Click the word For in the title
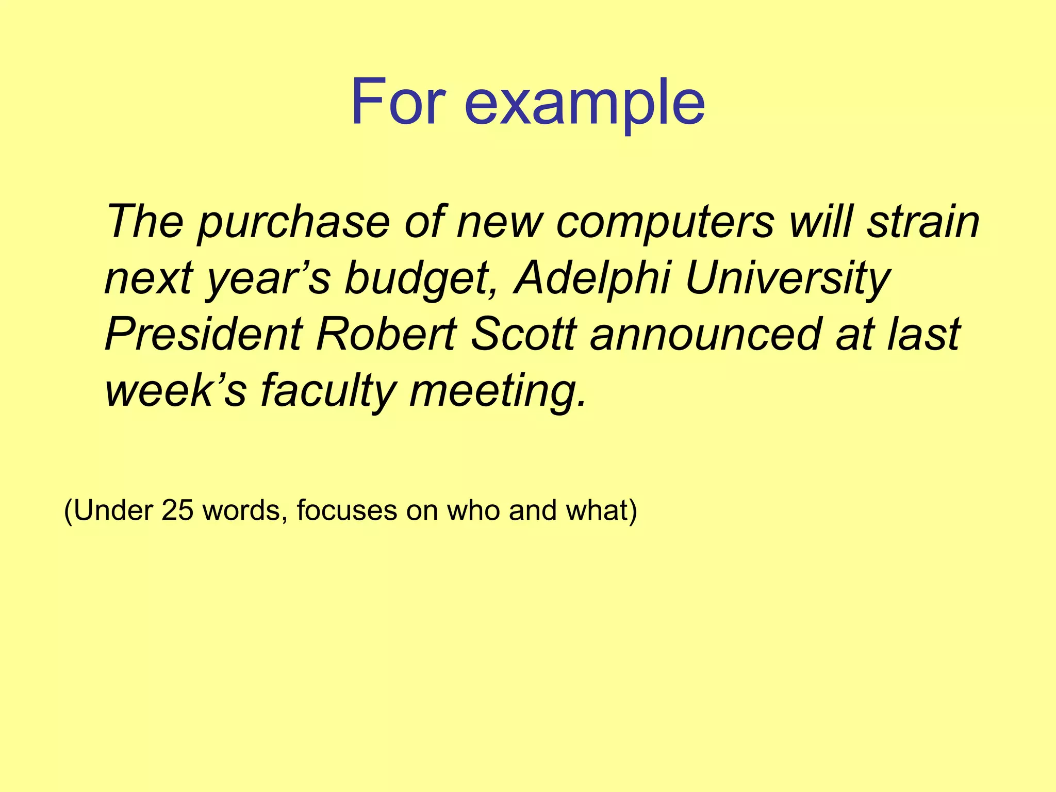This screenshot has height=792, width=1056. coord(398,102)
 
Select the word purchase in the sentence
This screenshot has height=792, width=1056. coord(293,222)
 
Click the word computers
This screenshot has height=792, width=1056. coord(665,222)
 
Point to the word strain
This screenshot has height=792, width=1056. coord(923,221)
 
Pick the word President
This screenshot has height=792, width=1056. coord(204,334)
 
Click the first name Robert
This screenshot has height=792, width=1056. coord(386,334)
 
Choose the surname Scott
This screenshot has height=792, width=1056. coord(523,334)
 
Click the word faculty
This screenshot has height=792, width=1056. coord(327,391)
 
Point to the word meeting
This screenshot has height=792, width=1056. coord(497,391)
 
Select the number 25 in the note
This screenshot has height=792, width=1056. coord(177,510)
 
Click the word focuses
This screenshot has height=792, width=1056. coord(346,510)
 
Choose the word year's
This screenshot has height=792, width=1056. coord(268,278)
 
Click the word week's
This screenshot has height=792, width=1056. coord(176,391)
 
